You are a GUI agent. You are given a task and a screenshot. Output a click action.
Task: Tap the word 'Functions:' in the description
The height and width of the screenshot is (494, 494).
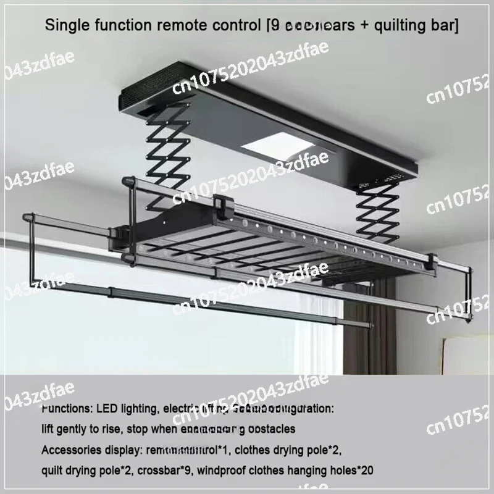click(69, 409)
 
